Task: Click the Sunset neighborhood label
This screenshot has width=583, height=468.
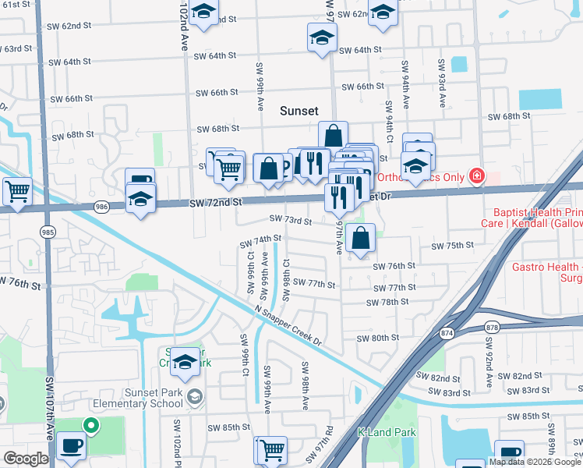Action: click(299, 112)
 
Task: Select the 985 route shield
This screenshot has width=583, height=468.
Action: click(48, 232)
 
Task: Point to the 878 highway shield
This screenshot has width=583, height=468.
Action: click(491, 328)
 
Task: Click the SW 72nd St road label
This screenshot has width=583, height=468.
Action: click(217, 202)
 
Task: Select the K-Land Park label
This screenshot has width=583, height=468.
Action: click(387, 432)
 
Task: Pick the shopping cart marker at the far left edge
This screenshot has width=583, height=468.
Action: click(16, 190)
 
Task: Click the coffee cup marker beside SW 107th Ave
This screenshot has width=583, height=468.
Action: click(70, 446)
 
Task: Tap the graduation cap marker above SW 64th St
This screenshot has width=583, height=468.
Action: click(322, 37)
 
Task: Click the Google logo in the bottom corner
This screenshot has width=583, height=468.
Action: click(26, 459)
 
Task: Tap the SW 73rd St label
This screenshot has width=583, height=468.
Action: click(291, 221)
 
